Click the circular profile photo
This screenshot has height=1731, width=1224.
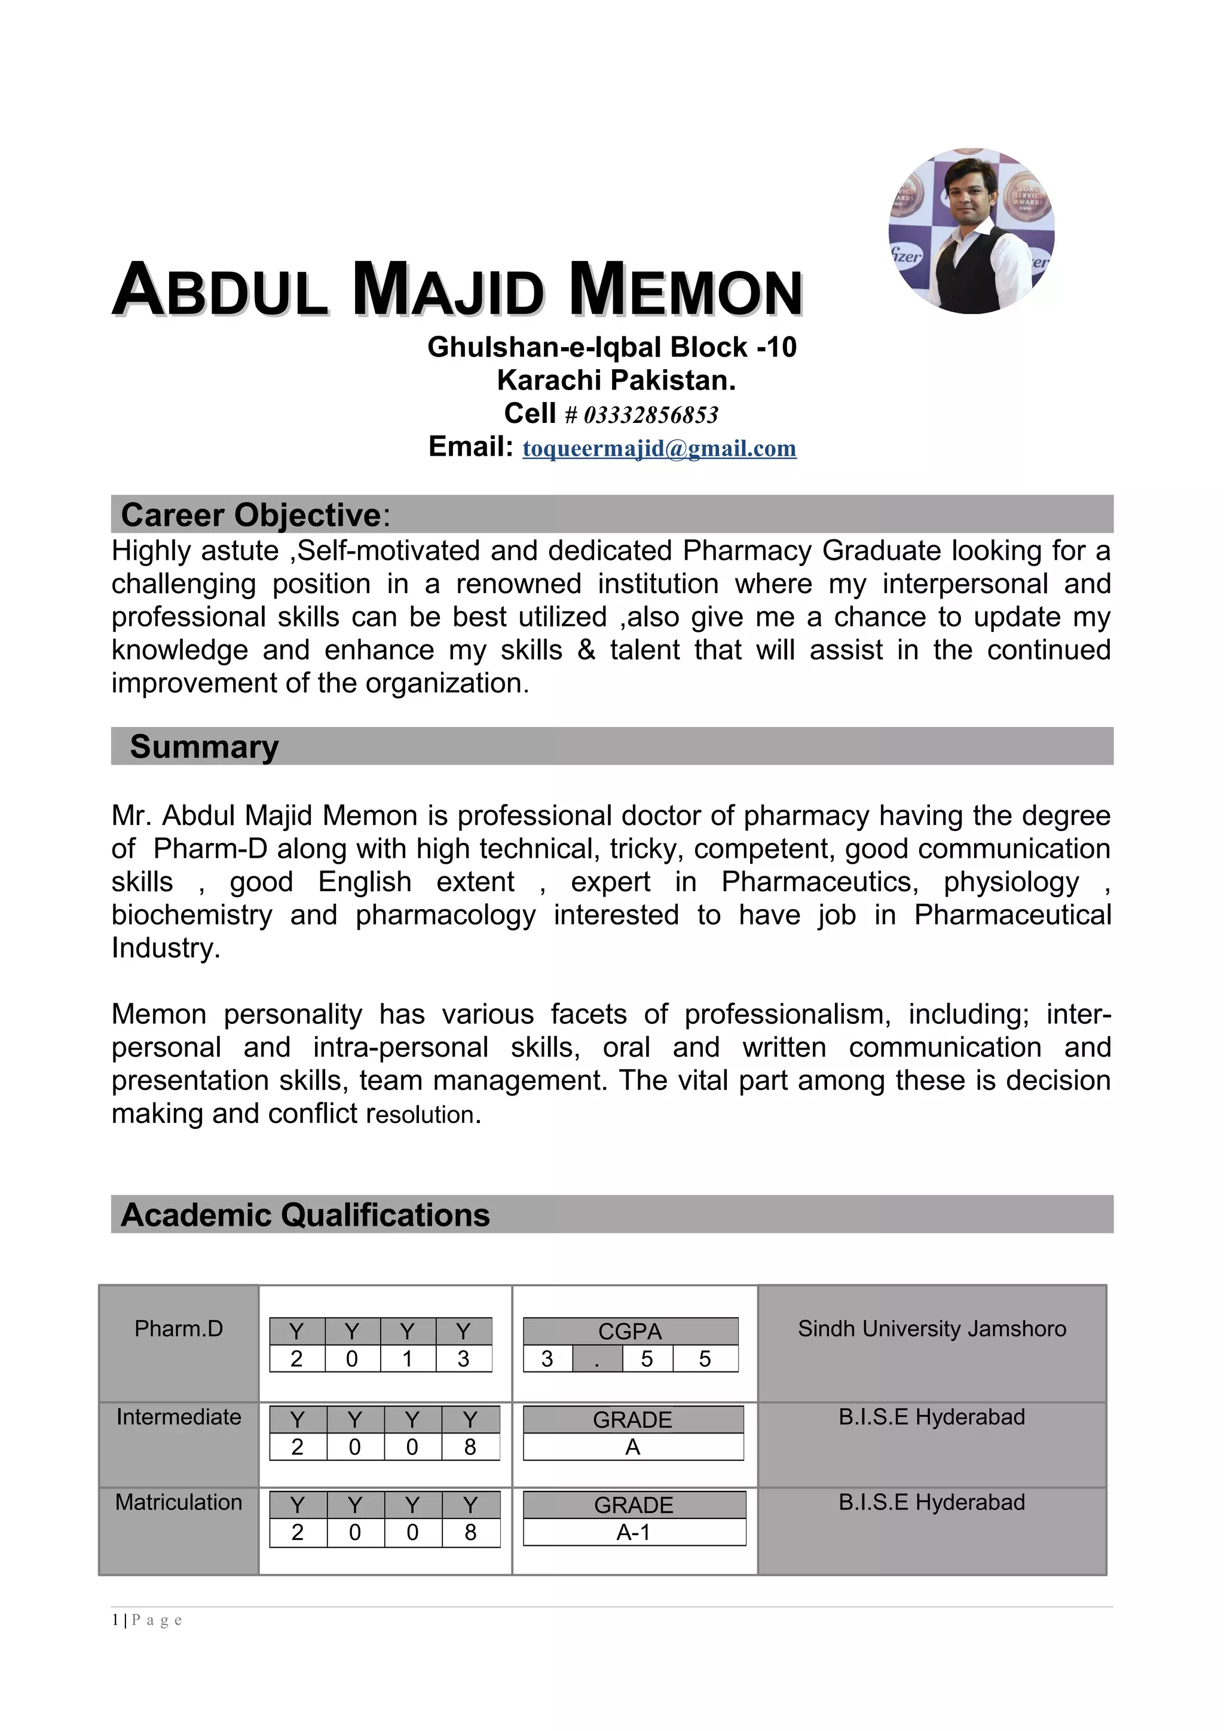(x=971, y=231)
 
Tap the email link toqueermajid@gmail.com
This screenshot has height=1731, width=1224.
(x=659, y=448)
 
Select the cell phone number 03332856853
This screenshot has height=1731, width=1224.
(x=650, y=415)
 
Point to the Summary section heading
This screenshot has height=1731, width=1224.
(x=204, y=747)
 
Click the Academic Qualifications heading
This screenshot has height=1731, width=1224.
(x=305, y=1214)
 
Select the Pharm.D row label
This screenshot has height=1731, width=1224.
(x=179, y=1328)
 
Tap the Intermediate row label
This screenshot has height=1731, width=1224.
(x=179, y=1417)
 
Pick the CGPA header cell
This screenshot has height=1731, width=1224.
(x=630, y=1331)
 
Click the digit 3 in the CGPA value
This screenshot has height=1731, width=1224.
(x=547, y=1358)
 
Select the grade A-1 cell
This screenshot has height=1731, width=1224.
(x=634, y=1532)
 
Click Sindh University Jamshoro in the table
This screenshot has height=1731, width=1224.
(x=931, y=1328)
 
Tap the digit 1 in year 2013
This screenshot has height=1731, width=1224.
(x=407, y=1358)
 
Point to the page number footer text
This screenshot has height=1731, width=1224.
(x=147, y=1619)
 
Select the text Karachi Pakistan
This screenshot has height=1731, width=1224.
(x=616, y=380)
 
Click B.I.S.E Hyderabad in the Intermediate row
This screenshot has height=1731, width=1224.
(x=931, y=1417)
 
